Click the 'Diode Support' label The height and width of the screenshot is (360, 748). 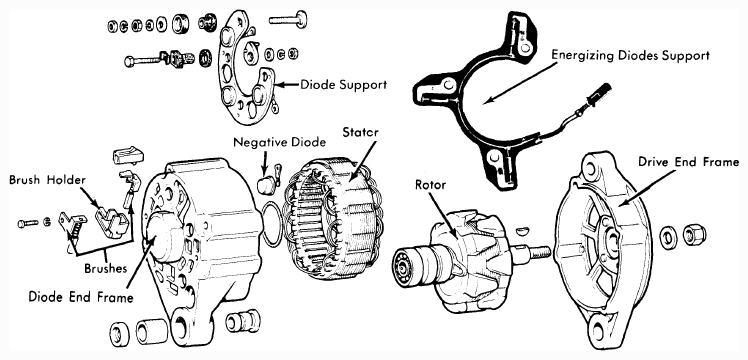[343, 85]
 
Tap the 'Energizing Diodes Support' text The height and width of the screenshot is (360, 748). [630, 55]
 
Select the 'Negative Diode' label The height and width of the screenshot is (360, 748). [280, 142]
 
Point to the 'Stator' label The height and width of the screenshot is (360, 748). [360, 132]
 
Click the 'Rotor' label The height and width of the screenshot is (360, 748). [430, 185]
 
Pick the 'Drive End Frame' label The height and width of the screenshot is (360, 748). [688, 163]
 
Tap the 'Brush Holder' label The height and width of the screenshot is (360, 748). [47, 180]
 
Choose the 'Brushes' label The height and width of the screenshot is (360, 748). [105, 268]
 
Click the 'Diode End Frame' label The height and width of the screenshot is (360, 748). [81, 297]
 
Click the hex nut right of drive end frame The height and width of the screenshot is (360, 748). [694, 234]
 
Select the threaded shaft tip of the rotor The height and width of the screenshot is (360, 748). [540, 252]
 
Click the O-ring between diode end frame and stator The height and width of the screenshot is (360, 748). [263, 224]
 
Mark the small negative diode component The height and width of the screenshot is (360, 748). [267, 185]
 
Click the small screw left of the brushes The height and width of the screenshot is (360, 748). [28, 223]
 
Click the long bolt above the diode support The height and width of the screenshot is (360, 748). [288, 20]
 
